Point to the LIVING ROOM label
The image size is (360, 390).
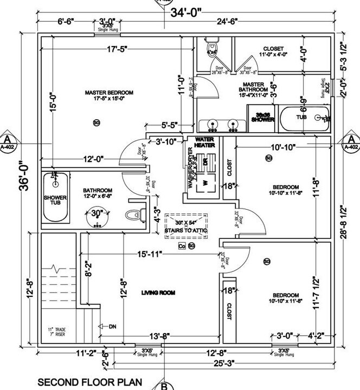[158, 293]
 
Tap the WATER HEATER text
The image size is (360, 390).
[202, 142]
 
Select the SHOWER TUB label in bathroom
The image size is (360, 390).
[54, 200]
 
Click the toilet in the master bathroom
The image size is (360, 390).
[212, 49]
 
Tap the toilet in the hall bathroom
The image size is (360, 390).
[132, 216]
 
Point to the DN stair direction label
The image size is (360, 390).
[112, 327]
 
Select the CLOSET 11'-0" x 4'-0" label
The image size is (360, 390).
[273, 51]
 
